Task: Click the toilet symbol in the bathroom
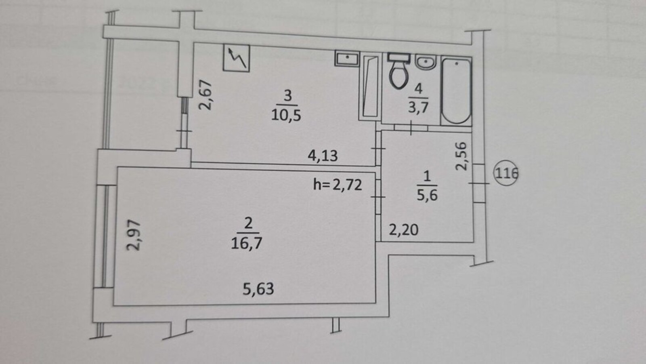(399, 71)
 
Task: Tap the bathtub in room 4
(456, 91)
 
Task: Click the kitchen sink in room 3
(347, 59)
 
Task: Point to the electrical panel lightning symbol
(236, 58)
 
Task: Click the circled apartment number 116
(506, 173)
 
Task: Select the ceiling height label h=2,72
(338, 185)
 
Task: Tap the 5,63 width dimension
(258, 289)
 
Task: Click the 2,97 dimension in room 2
(134, 235)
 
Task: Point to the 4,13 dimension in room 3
(323, 156)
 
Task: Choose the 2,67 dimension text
(206, 95)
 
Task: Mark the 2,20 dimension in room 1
(403, 230)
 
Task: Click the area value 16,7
(247, 243)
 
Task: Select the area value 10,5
(286, 115)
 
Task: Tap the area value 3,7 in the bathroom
(418, 107)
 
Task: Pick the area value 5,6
(427, 195)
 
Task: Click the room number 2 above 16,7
(248, 223)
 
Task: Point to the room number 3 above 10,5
(287, 96)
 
